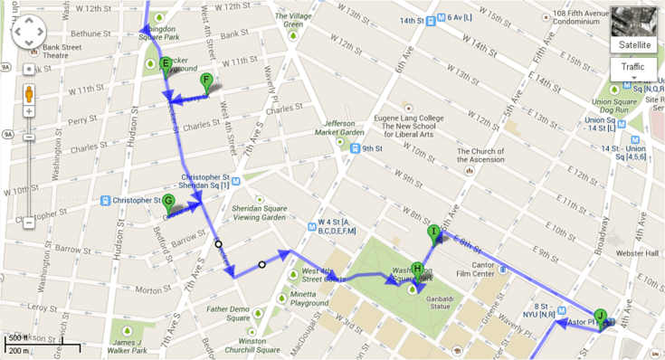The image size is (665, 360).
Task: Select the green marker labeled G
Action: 168,203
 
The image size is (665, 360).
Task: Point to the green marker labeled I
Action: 433,232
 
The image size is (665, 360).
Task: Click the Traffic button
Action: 633,68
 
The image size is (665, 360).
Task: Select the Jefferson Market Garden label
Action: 339,128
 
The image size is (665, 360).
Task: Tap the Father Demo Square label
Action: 227,313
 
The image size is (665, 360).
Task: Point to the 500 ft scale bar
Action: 41,345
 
